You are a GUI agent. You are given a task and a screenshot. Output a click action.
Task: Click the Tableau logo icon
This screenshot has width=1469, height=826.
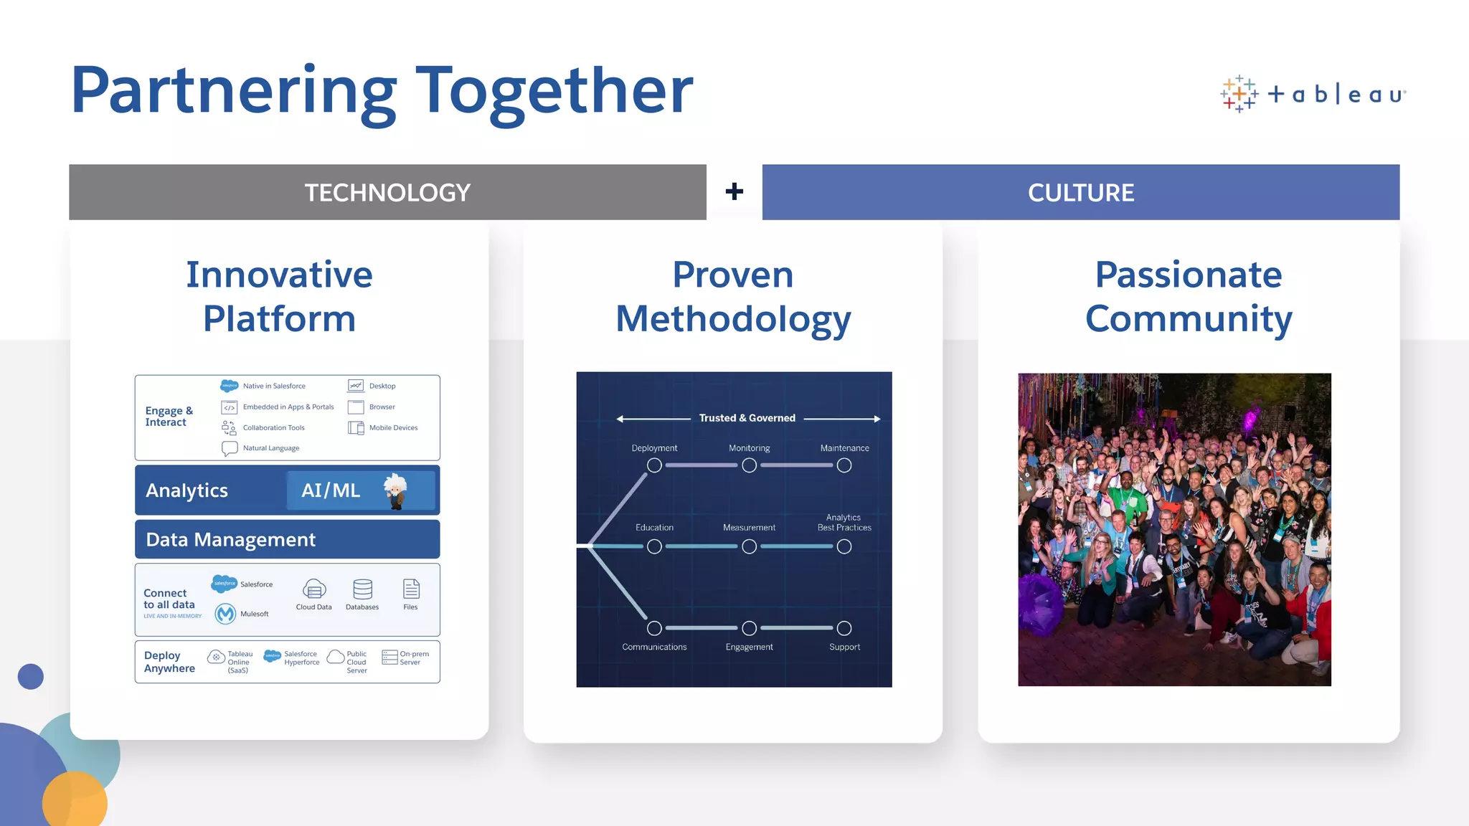point(1239,94)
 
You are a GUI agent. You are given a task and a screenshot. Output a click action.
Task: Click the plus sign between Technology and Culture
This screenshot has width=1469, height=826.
point(734,191)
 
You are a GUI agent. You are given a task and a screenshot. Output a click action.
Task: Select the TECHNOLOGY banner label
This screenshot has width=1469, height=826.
point(387,192)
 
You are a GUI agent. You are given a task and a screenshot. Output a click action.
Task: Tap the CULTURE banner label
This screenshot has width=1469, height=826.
point(1080,192)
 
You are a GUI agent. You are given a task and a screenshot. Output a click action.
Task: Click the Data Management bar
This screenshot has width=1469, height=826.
point(287,539)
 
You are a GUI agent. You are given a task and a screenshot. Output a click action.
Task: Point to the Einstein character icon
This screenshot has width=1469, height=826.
point(395,491)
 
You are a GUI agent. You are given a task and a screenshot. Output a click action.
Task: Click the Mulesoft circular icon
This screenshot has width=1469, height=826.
point(225,614)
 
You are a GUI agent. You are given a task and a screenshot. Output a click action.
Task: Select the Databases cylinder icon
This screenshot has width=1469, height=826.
point(362,589)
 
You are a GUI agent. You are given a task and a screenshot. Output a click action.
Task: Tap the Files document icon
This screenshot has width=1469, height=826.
point(411,589)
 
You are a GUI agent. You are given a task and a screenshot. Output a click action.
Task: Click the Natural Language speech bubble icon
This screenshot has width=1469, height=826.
point(230,449)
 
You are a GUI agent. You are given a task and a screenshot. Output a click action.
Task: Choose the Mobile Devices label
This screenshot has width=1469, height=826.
point(393,428)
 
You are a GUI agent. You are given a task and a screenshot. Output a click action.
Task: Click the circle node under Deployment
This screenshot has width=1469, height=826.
point(654,465)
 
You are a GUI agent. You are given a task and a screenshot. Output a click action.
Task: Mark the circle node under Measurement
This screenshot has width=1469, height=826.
point(749,547)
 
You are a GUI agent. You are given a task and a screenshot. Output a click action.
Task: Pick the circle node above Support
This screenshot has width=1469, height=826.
point(844,628)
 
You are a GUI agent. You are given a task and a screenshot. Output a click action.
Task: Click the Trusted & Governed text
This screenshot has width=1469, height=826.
point(747,418)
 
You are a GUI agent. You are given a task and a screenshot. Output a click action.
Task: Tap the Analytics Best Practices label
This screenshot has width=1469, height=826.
point(844,523)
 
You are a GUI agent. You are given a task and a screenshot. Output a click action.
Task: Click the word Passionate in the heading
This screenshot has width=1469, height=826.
point(1188,275)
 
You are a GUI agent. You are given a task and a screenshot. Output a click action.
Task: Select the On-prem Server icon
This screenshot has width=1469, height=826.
point(389,658)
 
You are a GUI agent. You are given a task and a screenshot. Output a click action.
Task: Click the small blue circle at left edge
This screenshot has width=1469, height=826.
point(31,676)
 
